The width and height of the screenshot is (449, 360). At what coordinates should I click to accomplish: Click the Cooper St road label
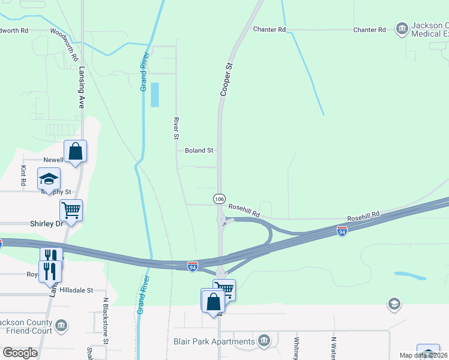pos(226,80)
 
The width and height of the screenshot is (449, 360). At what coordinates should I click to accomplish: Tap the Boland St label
pos(199,151)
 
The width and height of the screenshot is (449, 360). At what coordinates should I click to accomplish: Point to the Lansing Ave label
pos(81,86)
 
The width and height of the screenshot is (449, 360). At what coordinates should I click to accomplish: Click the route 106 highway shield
pos(220,198)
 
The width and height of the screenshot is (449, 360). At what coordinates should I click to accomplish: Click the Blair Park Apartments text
pos(214,342)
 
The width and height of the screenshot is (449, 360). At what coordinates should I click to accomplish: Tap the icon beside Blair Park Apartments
pos(264,341)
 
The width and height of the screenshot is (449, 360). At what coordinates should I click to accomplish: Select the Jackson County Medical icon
pos(401,28)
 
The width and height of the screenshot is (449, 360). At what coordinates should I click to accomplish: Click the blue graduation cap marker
pos(49,179)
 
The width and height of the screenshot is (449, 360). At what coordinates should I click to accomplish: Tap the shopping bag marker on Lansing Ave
pos(76,151)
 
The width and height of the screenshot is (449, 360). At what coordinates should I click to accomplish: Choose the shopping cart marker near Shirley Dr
pos(71,211)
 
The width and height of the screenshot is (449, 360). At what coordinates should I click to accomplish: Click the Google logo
pos(20,352)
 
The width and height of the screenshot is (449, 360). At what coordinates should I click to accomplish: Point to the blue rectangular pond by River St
pos(155,95)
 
